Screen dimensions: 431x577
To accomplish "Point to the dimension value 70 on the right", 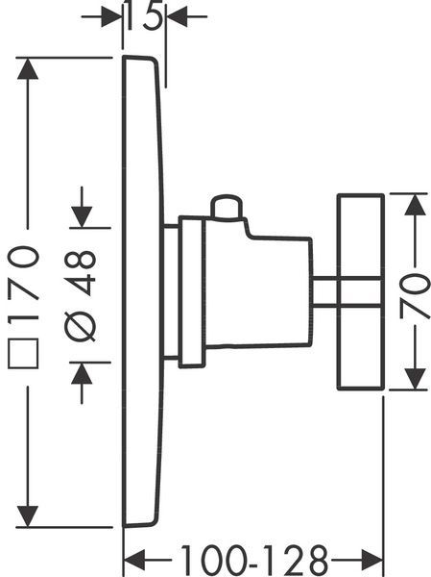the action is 414,296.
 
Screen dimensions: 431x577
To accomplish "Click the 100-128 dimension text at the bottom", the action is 254,561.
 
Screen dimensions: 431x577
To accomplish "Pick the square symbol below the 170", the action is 23,353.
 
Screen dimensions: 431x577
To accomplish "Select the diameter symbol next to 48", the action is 80,327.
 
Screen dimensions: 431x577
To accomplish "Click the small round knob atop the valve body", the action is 227,208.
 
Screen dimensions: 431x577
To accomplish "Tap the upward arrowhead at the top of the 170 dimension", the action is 28,68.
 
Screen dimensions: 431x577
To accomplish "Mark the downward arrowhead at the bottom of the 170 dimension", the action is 28,516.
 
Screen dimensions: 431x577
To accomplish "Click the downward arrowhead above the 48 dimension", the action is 82,217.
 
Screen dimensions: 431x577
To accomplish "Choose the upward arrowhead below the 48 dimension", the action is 82,373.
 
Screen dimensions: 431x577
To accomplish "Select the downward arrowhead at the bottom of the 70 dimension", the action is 415,378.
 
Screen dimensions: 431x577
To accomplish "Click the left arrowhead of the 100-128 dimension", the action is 133,560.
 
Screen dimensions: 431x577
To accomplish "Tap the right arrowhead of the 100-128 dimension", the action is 372,560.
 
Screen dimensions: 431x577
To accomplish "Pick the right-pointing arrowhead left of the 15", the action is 111,16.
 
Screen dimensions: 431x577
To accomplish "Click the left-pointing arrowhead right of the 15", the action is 177,16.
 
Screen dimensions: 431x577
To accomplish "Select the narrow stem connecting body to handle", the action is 324,291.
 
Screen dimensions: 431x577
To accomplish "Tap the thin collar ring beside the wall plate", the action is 191,291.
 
